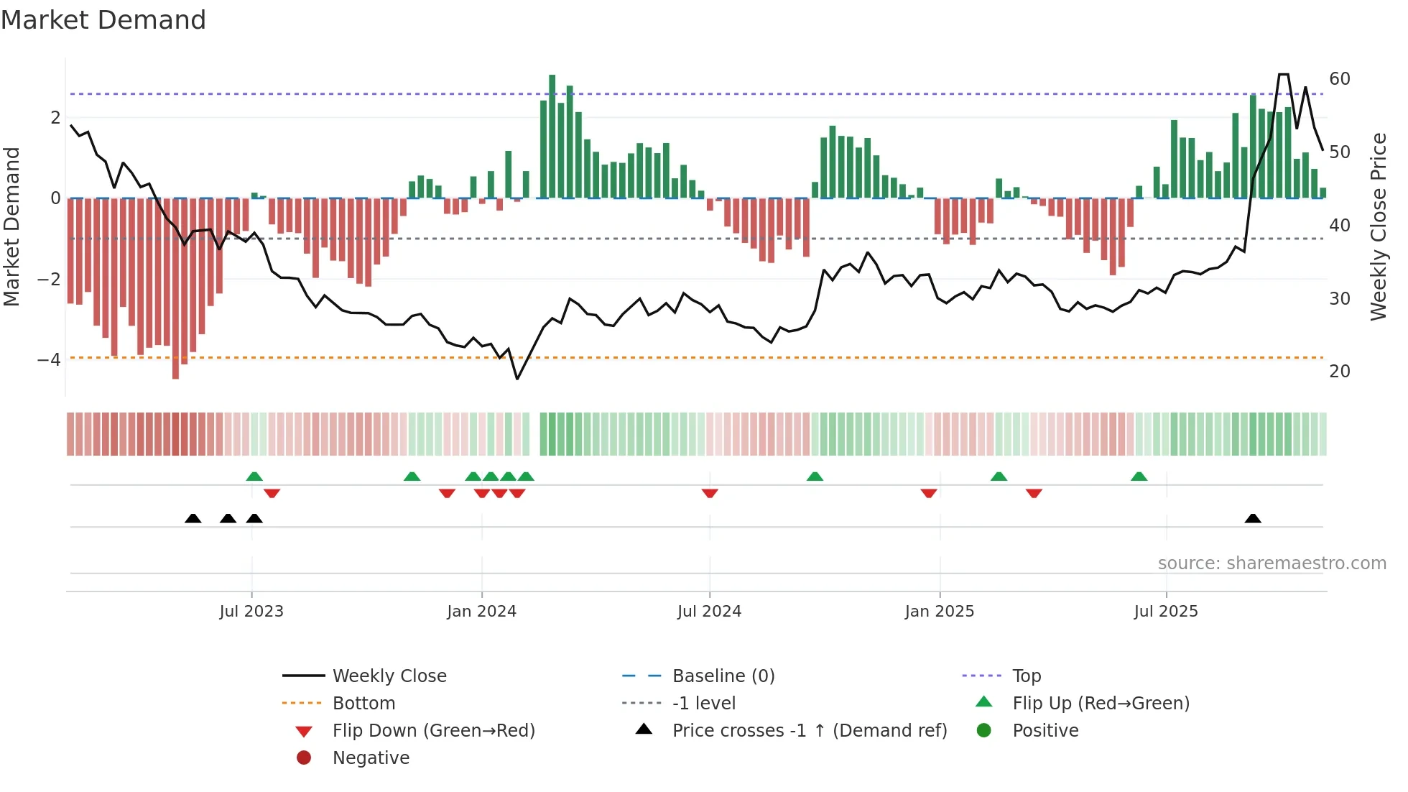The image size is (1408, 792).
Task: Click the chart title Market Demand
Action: point(103,19)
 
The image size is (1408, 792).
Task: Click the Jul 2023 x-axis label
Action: point(251,612)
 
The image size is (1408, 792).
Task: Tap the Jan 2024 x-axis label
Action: point(481,612)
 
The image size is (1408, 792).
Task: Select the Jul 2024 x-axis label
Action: point(709,612)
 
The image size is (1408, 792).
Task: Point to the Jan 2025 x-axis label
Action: point(939,612)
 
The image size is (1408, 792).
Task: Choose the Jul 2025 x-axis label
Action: point(1166,612)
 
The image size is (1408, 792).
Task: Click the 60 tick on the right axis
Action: point(1340,79)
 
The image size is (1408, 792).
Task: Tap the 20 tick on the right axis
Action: point(1340,372)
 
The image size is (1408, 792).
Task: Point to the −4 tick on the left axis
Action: point(49,359)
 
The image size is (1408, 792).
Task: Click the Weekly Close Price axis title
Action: point(1378,226)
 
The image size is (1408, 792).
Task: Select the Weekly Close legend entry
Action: point(389,676)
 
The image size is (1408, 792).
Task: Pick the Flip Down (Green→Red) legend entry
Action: point(433,731)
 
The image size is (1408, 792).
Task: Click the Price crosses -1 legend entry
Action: point(809,731)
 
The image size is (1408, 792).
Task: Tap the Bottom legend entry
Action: point(363,704)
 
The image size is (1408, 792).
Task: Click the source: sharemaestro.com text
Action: point(1272,563)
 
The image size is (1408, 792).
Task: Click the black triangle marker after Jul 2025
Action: point(1253,518)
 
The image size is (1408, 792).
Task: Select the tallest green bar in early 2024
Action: point(552,137)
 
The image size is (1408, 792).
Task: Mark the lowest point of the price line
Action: point(517,379)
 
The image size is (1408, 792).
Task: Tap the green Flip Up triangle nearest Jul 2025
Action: point(1139,476)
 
